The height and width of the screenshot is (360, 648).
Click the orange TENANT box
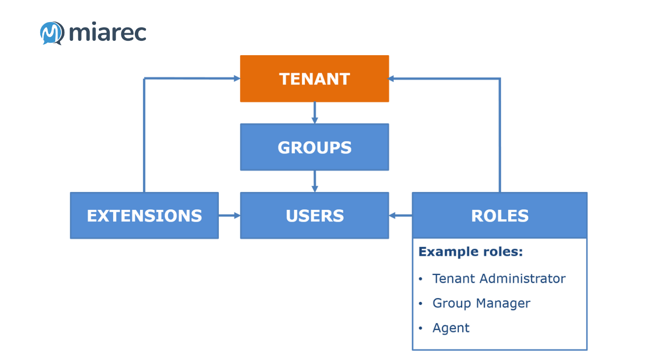[x=314, y=79]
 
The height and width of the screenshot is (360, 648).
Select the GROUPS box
[x=314, y=147]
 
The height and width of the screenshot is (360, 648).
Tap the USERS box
[x=314, y=216]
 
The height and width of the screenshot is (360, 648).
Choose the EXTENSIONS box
[x=144, y=216]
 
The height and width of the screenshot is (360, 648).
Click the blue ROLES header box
[x=500, y=216]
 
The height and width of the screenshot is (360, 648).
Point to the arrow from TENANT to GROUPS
[x=314, y=113]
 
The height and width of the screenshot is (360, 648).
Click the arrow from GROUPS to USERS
[x=314, y=181]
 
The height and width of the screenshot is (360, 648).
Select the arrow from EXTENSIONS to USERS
[x=229, y=216]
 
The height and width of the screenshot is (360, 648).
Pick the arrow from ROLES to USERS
[x=400, y=216]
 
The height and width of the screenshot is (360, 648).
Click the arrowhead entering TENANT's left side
[x=237, y=78]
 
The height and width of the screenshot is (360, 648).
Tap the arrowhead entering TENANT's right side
[x=392, y=79]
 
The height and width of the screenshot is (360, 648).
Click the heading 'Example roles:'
[x=470, y=252]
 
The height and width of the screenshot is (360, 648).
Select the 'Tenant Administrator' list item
[x=499, y=278]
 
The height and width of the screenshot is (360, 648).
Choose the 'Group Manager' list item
[x=481, y=303]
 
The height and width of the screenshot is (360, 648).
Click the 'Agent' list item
[x=451, y=328]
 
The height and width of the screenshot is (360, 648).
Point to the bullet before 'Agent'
[x=421, y=328]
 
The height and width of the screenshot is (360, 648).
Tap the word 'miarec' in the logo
[x=108, y=33]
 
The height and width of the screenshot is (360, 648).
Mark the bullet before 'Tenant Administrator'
[x=421, y=279]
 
